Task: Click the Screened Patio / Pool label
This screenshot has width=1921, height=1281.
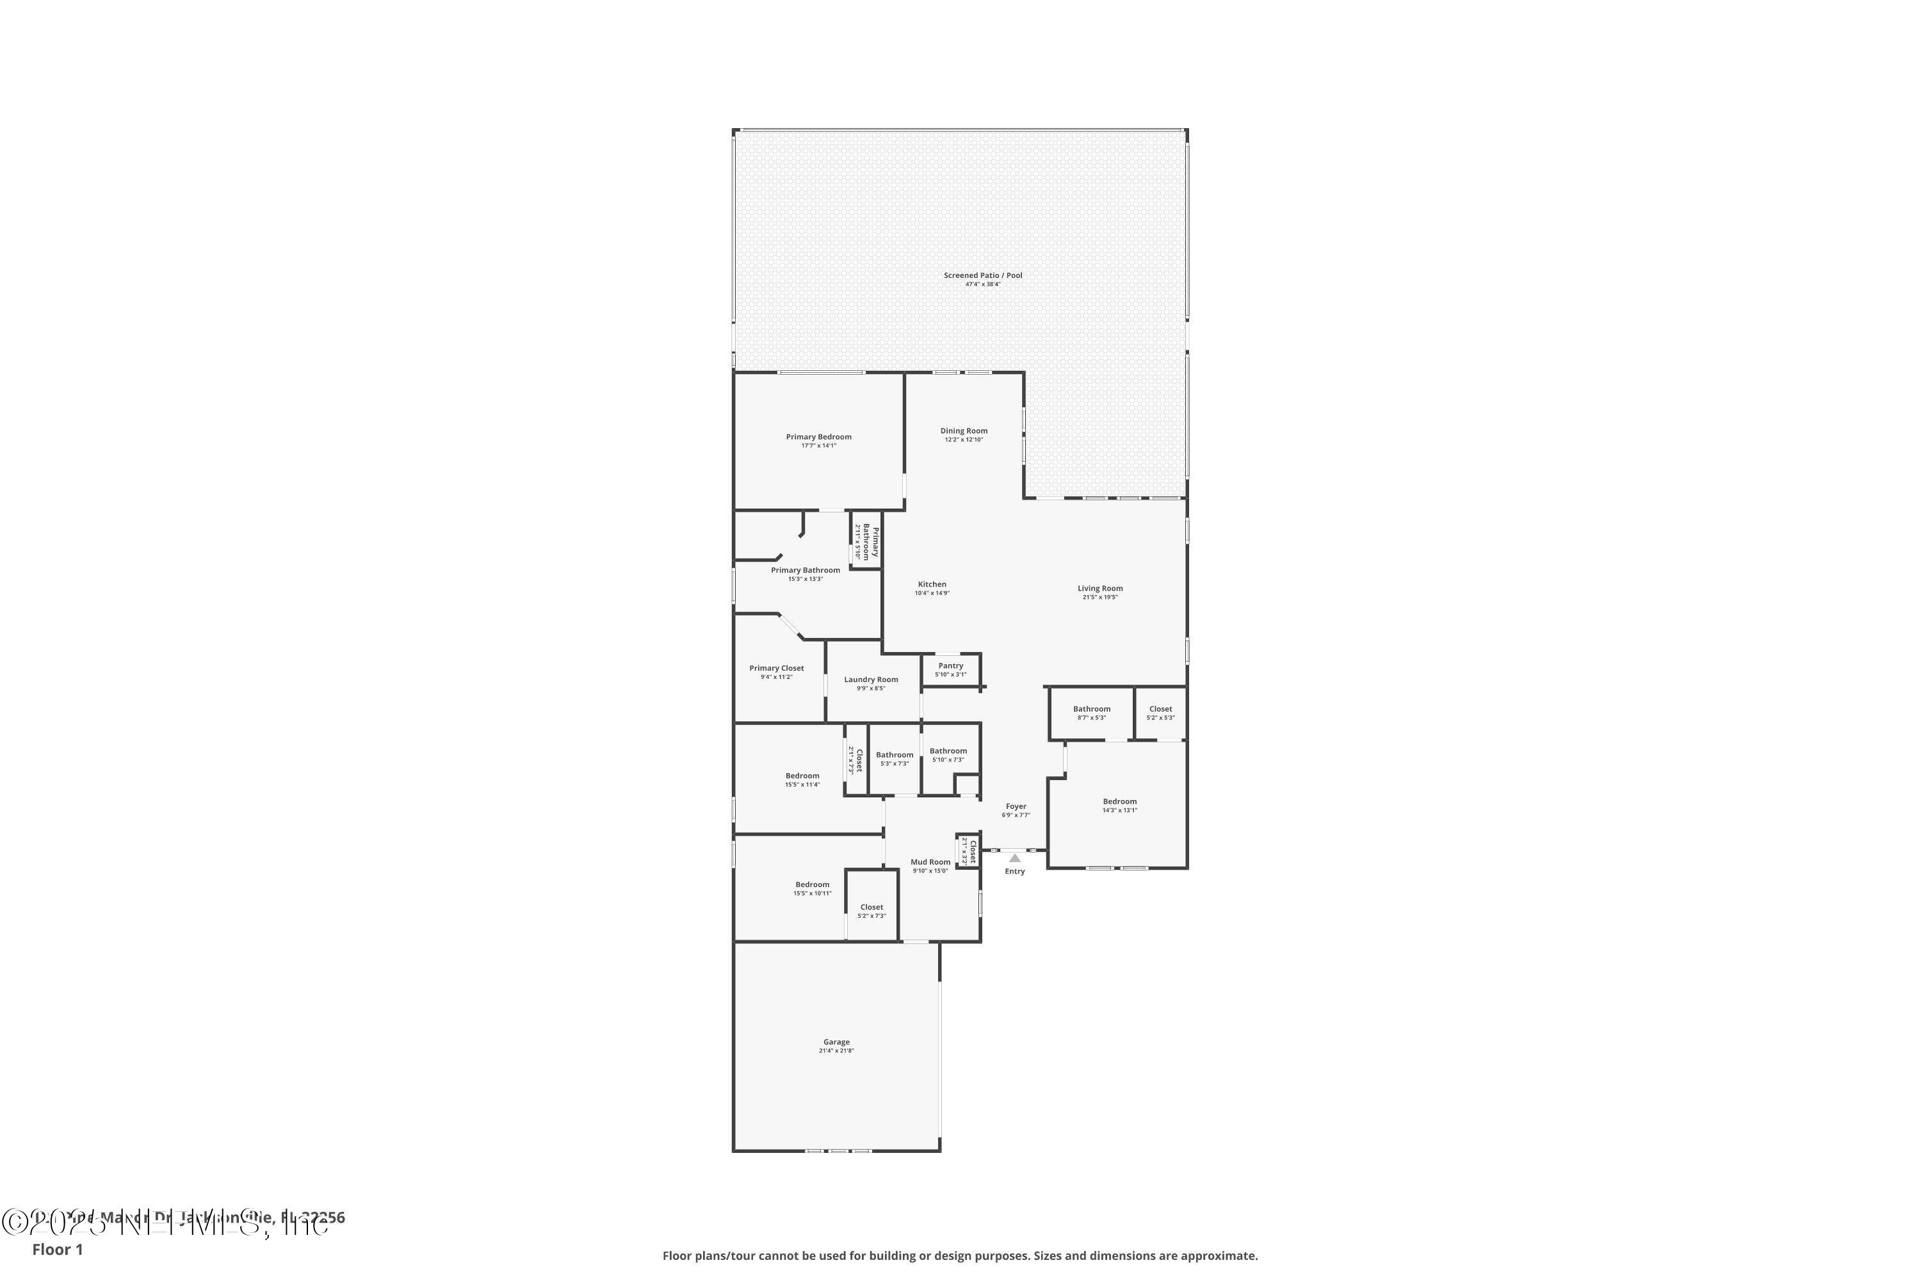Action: [982, 276]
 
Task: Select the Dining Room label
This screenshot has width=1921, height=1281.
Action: [964, 431]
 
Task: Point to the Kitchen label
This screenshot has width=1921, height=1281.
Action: [932, 585]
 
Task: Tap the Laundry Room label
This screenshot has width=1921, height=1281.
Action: [871, 680]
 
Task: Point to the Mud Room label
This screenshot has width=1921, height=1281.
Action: [930, 863]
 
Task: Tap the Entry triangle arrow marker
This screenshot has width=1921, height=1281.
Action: [1014, 858]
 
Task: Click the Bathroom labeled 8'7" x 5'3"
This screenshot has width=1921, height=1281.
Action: [1091, 710]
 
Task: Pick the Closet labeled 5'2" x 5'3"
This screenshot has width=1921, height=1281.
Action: [1160, 710]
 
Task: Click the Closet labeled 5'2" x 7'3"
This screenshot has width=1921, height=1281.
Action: [871, 908]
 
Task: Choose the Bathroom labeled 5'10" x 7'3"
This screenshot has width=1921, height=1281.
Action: [948, 751]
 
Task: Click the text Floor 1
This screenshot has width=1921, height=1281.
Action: [57, 1249]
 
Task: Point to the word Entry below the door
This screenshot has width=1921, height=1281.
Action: [1014, 872]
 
